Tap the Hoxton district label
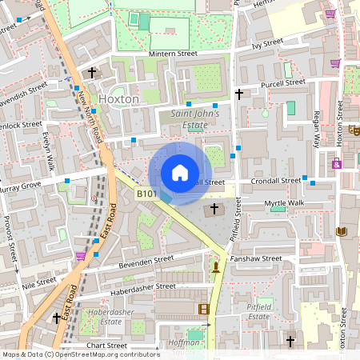pyautogui.click(x=118, y=99)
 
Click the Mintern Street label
pyautogui.click(x=173, y=54)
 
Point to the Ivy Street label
pyautogui.click(x=267, y=44)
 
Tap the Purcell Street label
pyautogui.click(x=282, y=82)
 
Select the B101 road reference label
pyautogui.click(x=145, y=194)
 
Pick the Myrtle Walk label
pyautogui.click(x=285, y=204)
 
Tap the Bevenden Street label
pyautogui.click(x=146, y=259)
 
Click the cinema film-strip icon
pyautogui.click(x=203, y=309)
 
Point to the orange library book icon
pyautogui.click(x=342, y=232)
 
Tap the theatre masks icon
pyautogui.click(x=354, y=129)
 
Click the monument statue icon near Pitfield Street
pyautogui.click(x=215, y=265)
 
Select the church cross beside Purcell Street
pyautogui.click(x=238, y=94)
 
